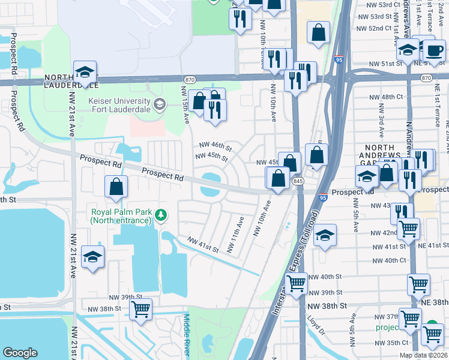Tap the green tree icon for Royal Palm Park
tap(160, 214)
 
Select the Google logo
tap(20, 353)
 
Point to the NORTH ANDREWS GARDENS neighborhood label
tap(391, 158)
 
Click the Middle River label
tap(188, 335)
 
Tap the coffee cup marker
tap(434, 50)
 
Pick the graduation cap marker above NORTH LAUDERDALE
tap(86, 73)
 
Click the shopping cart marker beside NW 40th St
tap(297, 283)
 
